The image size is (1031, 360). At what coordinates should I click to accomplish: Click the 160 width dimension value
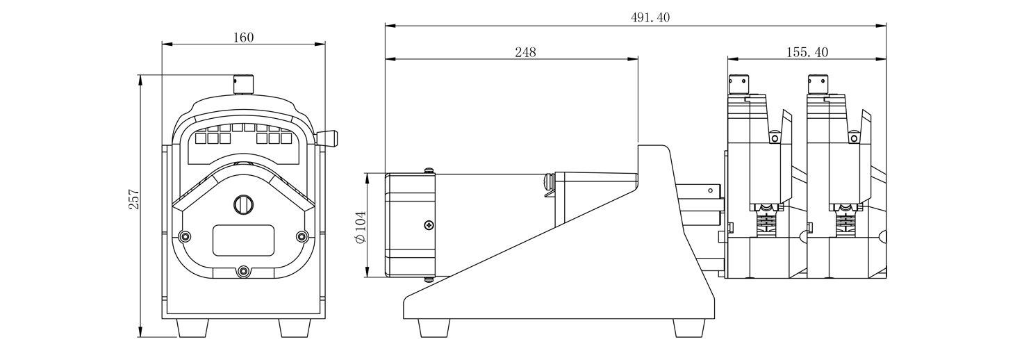click(x=243, y=38)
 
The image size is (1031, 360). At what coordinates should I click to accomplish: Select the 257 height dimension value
click(x=135, y=199)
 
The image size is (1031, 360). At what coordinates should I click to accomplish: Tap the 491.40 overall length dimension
click(x=636, y=18)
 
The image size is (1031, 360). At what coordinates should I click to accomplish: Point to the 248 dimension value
click(x=525, y=52)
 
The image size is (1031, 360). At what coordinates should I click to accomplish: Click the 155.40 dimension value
click(x=807, y=52)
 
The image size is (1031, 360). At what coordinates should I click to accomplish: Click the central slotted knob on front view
click(x=242, y=204)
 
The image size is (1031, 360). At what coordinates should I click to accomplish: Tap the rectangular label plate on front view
click(x=242, y=240)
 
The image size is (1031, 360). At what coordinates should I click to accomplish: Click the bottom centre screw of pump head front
click(x=242, y=272)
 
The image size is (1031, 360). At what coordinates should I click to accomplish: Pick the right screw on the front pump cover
click(x=302, y=236)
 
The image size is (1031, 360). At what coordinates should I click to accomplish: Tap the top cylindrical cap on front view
click(x=243, y=84)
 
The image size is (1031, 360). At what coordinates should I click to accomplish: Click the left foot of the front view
click(x=194, y=327)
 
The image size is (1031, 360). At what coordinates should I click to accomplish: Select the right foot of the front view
click(x=294, y=327)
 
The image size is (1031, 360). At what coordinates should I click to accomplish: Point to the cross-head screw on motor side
click(x=429, y=224)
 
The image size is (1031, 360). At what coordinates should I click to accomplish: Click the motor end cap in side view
click(x=410, y=225)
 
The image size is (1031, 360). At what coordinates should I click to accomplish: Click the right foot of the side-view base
click(x=689, y=328)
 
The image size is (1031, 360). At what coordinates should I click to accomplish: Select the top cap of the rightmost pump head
click(x=820, y=83)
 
